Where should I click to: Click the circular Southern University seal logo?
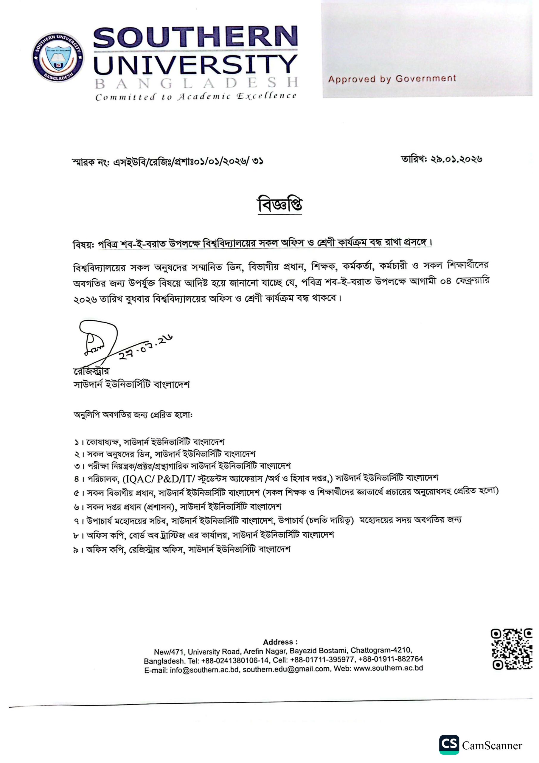tap(58, 57)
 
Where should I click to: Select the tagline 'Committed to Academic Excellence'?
tap(195, 97)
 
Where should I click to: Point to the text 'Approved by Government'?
tap(392, 79)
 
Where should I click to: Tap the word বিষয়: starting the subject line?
tap(83, 245)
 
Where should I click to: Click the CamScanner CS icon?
tap(449, 745)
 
